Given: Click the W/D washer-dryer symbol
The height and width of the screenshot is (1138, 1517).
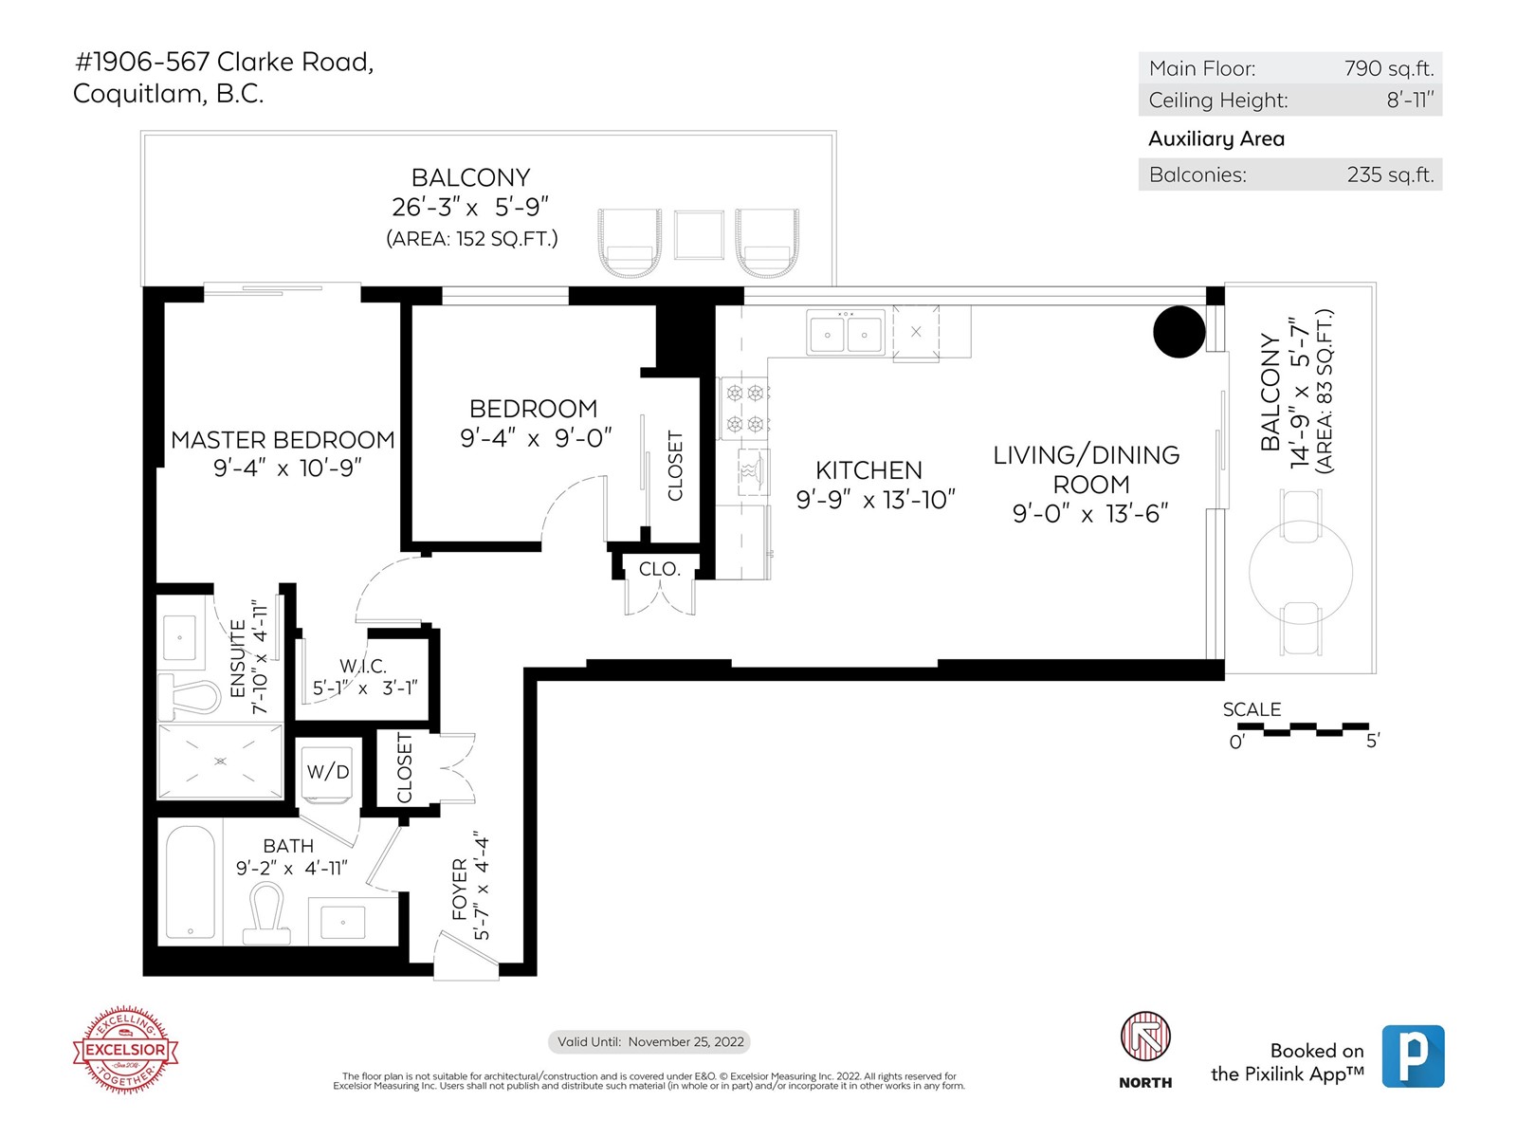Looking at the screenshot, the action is click(328, 770).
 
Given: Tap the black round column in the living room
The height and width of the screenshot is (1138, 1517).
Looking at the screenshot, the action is click(1179, 332).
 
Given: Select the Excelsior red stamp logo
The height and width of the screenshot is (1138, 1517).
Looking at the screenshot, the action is click(126, 1050).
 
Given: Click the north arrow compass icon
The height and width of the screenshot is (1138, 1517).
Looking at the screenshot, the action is click(1145, 1037).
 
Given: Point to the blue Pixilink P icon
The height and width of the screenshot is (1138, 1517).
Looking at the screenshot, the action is click(1414, 1056).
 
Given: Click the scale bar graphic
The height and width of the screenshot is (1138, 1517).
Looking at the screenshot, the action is click(1303, 728).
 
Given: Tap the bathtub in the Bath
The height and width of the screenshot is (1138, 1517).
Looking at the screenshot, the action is click(191, 884).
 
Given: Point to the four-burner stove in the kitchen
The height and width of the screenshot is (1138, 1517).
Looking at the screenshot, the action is click(744, 409).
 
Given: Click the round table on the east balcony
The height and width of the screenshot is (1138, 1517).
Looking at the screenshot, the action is click(1301, 572).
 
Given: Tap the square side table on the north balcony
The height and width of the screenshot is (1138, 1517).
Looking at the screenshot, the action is click(699, 235).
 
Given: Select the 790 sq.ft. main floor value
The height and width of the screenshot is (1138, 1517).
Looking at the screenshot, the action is click(1388, 68).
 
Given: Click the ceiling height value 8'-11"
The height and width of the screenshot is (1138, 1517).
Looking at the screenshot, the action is click(1410, 101).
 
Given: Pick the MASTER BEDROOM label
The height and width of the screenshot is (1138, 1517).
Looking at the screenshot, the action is click(283, 439).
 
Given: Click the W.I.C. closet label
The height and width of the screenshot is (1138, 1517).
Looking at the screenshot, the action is click(363, 666).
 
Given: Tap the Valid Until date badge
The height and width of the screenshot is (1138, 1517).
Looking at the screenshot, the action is click(649, 1042).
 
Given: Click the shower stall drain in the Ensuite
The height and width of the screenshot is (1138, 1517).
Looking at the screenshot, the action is click(221, 761).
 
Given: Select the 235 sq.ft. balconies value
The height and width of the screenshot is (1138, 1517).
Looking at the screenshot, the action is click(1390, 174).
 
